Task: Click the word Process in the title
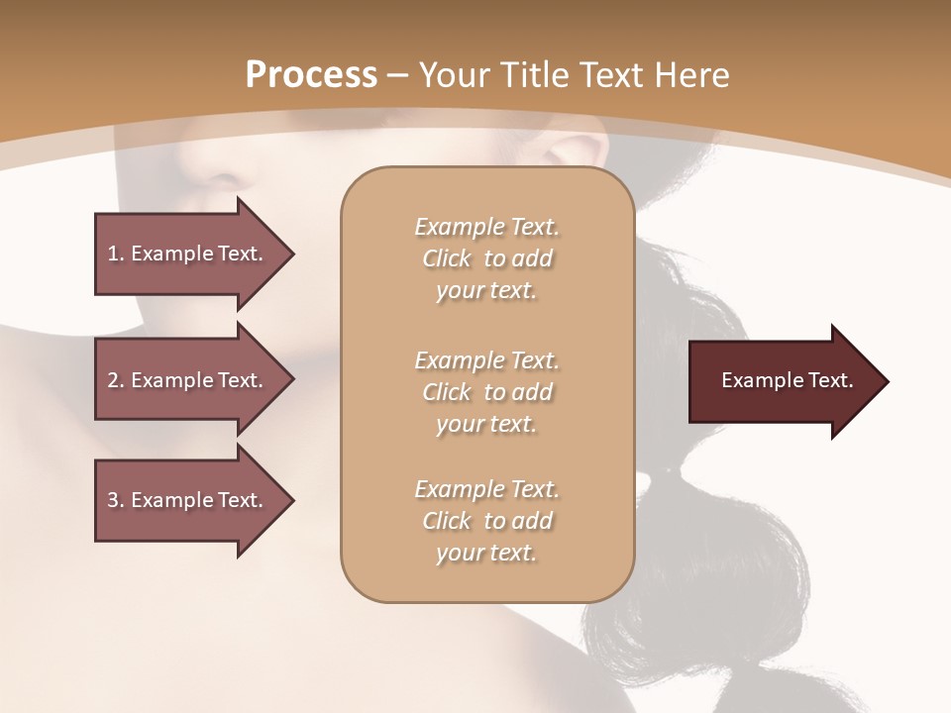tap(311, 75)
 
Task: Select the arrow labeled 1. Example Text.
tap(188, 254)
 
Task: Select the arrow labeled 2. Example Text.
tap(188, 380)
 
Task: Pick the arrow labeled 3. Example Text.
tap(188, 500)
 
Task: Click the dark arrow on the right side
tap(783, 381)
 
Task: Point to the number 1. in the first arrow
tap(115, 254)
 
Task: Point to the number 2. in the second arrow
tap(115, 380)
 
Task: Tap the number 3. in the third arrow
tap(115, 500)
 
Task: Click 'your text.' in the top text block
tap(486, 291)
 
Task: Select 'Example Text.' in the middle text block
tap(486, 359)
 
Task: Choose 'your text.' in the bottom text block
tap(486, 554)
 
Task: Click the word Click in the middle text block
tap(447, 392)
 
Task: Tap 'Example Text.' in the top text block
tap(486, 227)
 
